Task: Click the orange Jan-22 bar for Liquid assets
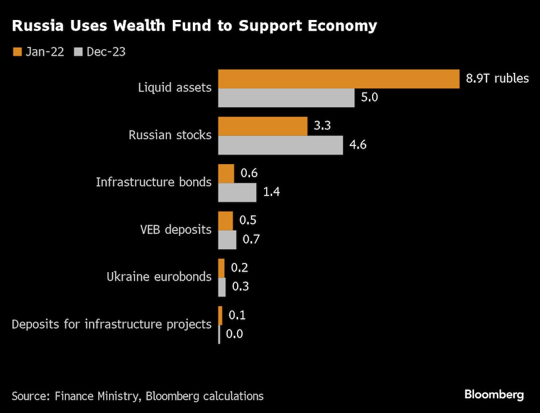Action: [x=339, y=79]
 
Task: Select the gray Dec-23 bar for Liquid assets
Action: [x=286, y=98]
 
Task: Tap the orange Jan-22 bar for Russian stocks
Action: [x=262, y=126]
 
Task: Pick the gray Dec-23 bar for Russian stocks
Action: [x=280, y=145]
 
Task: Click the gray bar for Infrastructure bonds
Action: [x=237, y=192]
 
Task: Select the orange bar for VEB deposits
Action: [x=225, y=221]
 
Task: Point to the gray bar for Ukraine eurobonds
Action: [x=222, y=287]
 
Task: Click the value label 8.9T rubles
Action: [x=497, y=79]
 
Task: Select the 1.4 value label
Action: [x=272, y=192]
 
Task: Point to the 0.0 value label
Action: [x=234, y=334]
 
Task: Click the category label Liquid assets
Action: [x=175, y=87]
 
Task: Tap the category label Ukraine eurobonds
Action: [x=159, y=276]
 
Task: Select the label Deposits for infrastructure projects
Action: [x=111, y=324]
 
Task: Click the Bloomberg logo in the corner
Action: [x=494, y=395]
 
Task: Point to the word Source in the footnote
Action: [x=30, y=396]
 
